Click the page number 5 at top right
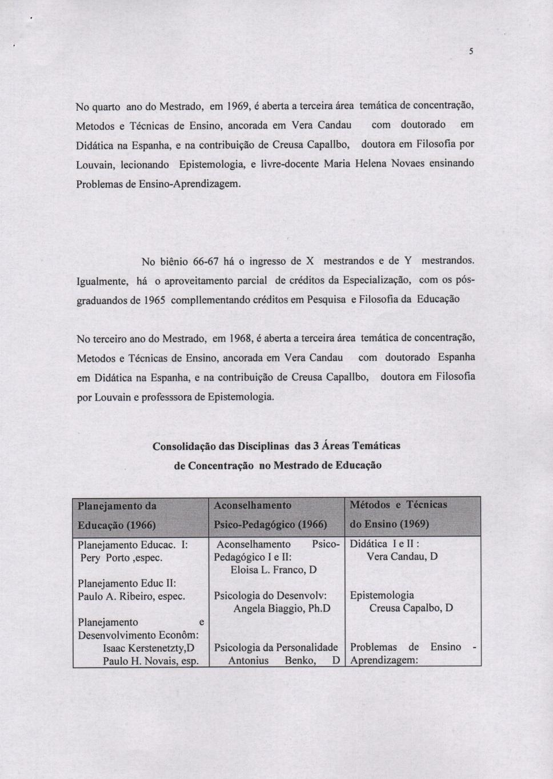point(472,51)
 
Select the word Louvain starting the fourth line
point(94,164)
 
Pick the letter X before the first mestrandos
point(310,262)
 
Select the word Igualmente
point(102,281)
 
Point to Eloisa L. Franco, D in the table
point(274,570)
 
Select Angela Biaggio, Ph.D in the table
point(282,609)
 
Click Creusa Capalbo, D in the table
point(411,608)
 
